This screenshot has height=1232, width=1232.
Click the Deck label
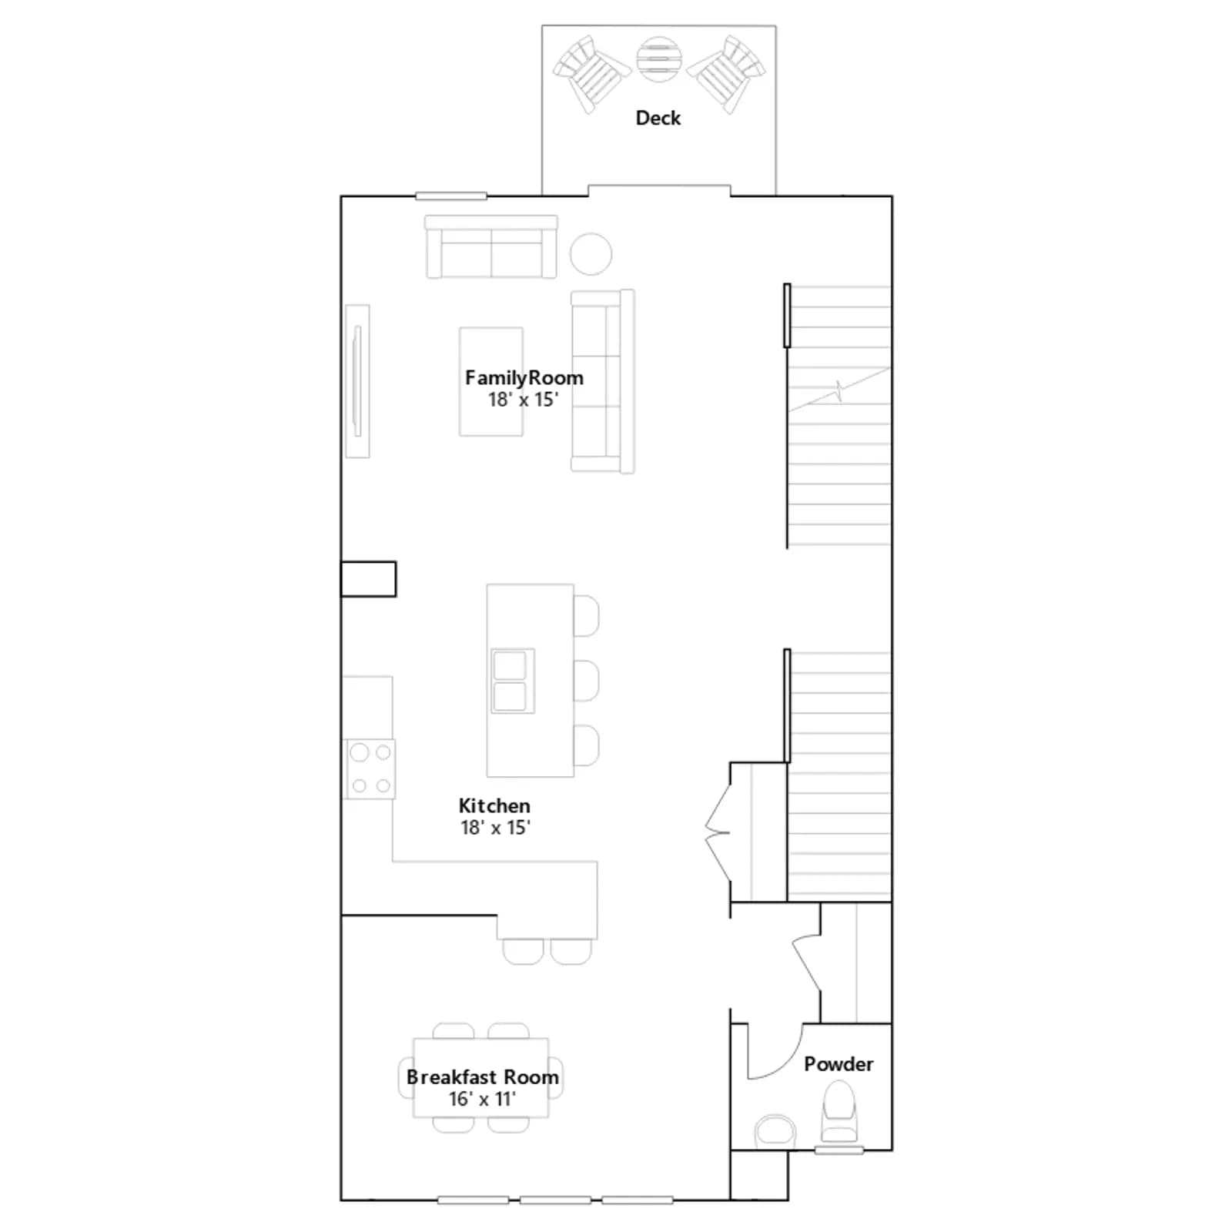658,118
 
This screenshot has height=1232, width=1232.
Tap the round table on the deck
659,59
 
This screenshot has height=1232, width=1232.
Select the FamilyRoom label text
524,378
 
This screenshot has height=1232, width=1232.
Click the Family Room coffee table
491,382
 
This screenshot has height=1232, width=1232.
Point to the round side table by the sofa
591,253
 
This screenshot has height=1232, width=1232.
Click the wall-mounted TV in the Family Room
357,381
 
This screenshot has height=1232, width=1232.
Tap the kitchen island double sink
512,681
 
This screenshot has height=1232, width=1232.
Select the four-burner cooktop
370,768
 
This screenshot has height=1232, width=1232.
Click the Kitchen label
494,806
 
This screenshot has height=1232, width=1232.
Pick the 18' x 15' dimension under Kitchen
495,828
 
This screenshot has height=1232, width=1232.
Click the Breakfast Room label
483,1077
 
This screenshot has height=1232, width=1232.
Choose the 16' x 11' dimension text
482,1099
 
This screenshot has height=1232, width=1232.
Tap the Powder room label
839,1064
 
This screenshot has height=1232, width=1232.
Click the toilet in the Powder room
839,1111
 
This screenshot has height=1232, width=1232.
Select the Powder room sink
775,1132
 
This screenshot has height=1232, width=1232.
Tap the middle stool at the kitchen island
587,681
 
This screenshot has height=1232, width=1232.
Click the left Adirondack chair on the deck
591,74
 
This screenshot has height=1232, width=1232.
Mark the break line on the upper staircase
839,390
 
